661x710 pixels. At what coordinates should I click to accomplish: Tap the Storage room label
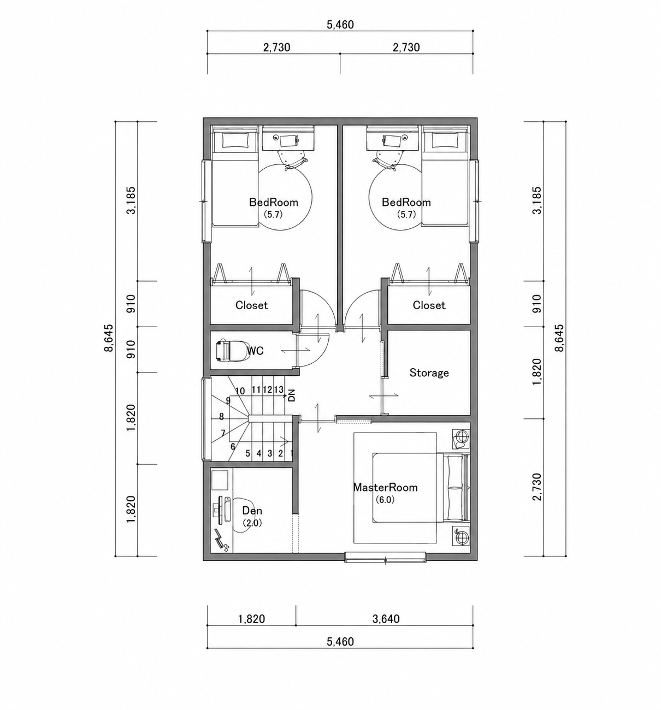point(429,373)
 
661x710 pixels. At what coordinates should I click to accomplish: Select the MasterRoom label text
point(385,487)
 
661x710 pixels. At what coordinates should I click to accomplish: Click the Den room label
point(252,511)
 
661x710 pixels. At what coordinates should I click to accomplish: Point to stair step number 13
point(279,389)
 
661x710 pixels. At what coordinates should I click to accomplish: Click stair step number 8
point(221,417)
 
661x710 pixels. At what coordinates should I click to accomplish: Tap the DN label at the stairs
point(292,396)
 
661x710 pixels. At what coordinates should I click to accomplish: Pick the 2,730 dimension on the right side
point(537,487)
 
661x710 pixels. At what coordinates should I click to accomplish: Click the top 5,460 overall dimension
point(340,25)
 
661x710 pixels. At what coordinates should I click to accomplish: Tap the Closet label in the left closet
point(251,305)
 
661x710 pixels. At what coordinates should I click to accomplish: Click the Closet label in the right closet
point(429,305)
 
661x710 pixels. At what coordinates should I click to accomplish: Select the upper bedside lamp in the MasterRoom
point(461,438)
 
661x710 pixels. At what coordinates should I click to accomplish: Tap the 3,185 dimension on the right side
point(537,200)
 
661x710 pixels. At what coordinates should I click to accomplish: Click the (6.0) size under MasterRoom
point(385,500)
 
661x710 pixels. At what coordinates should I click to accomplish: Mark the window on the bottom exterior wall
point(385,557)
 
